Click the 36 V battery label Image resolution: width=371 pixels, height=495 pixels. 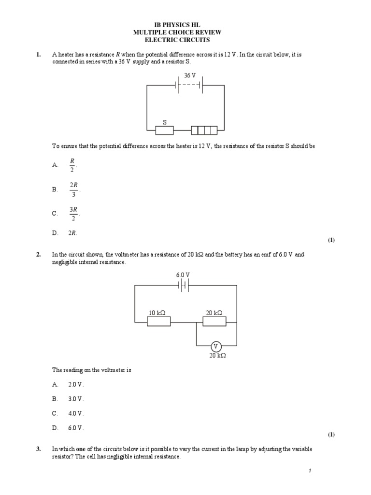pyautogui.click(x=190, y=76)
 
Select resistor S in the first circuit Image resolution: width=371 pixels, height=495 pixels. pyautogui.click(x=164, y=130)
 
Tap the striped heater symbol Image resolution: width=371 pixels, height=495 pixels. pyautogui.click(x=204, y=130)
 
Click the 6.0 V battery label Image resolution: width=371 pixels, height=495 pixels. pyautogui.click(x=184, y=275)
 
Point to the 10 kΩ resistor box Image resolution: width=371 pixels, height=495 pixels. pyautogui.click(x=158, y=321)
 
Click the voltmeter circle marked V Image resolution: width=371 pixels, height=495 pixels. pyautogui.click(x=216, y=346)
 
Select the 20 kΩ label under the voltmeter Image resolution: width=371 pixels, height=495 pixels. pyautogui.click(x=216, y=355)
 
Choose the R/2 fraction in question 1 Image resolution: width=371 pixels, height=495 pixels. pyautogui.click(x=72, y=165)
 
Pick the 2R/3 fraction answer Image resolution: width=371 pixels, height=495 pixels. pyautogui.click(x=73, y=189)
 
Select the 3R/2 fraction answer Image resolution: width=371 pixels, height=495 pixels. pyautogui.click(x=73, y=213)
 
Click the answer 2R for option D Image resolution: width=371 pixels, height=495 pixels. pyautogui.click(x=72, y=233)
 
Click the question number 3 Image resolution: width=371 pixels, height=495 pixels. pyautogui.click(x=38, y=449)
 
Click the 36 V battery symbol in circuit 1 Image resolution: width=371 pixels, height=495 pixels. pyautogui.click(x=190, y=86)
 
